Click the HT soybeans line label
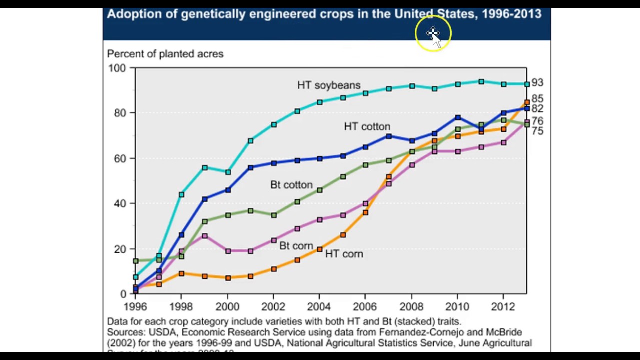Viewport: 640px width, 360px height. pos(328,85)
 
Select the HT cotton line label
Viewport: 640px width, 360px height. pos(367,127)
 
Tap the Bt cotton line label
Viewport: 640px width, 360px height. pos(291,185)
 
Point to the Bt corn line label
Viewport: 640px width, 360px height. pos(296,246)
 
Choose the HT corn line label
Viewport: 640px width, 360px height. pos(344,254)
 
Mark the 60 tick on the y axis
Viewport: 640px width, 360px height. pos(120,158)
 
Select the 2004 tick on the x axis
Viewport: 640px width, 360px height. pos(319,307)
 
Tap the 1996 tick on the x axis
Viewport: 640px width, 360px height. pos(135,307)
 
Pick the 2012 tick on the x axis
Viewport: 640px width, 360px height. pos(503,307)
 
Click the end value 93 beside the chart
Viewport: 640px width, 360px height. pos(537,83)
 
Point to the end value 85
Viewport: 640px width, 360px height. pos(537,99)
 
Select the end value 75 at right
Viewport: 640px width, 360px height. pos(537,131)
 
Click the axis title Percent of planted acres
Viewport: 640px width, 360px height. pos(165,54)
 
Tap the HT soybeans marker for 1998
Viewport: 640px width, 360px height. pos(181,194)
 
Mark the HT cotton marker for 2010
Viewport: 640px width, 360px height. pos(458,118)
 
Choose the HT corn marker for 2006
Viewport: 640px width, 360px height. pos(365,213)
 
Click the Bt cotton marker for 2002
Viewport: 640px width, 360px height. pos(274,215)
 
